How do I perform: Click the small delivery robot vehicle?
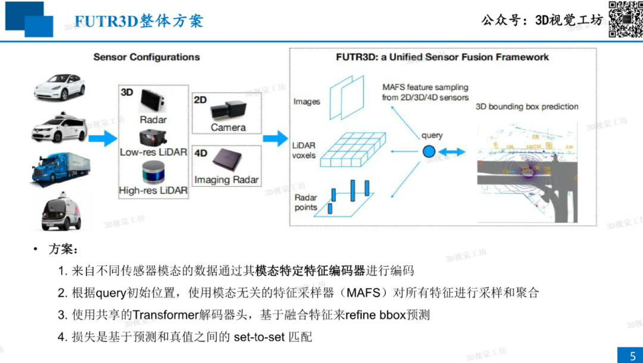click(61, 211)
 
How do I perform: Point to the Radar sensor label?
click(153, 120)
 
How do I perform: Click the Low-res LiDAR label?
click(153, 152)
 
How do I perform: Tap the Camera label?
click(228, 127)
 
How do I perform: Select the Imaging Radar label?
click(227, 179)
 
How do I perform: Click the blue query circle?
click(429, 152)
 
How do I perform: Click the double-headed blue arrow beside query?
click(452, 152)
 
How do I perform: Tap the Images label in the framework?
click(307, 102)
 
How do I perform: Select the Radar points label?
click(306, 202)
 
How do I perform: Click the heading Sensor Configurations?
click(146, 57)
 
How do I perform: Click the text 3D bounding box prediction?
click(527, 107)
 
